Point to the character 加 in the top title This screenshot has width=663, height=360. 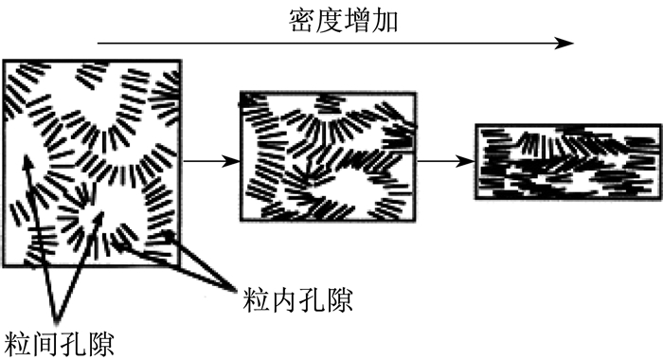[385, 21]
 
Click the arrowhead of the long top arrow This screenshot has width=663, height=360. [564, 43]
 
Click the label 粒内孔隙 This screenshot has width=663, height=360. [297, 300]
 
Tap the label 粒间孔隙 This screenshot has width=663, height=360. [60, 344]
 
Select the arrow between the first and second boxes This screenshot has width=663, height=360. [211, 161]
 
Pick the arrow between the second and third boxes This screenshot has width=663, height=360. [446, 161]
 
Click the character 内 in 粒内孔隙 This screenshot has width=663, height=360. [284, 300]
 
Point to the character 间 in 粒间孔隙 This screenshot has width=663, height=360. [45, 344]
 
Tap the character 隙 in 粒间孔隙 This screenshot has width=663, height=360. [101, 344]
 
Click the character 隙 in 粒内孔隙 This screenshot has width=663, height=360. [339, 300]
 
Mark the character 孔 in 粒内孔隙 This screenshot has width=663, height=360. [312, 300]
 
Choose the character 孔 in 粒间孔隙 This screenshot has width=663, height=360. [74, 344]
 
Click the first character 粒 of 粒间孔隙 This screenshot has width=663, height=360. [18, 344]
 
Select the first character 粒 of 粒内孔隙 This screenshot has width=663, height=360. [257, 300]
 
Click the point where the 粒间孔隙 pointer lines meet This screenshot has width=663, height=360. [56, 320]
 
